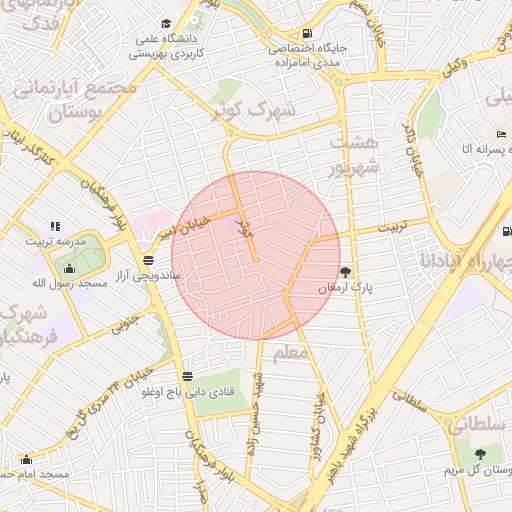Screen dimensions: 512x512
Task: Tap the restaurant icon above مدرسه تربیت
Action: point(55,226)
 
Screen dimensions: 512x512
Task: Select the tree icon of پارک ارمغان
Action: point(345,271)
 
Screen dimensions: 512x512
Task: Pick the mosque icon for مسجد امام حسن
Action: point(26,459)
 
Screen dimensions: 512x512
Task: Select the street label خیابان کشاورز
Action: point(322,411)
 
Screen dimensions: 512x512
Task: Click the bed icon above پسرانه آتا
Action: point(501,135)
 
